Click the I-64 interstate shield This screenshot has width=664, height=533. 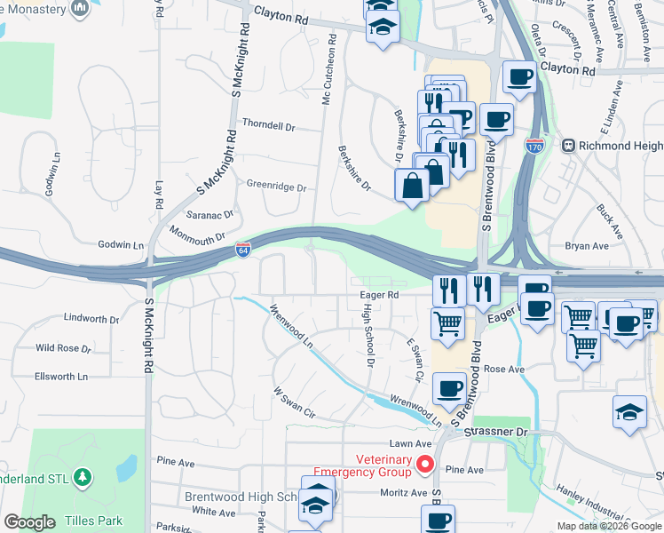[x=242, y=251]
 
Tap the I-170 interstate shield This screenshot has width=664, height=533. [x=534, y=145]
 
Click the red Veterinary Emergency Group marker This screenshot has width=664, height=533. [x=425, y=464]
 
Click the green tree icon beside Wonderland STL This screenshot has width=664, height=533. [x=83, y=478]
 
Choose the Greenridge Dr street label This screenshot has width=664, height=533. [x=276, y=188]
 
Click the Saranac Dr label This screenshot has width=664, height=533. [x=209, y=214]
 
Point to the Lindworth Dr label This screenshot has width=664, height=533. [x=91, y=318]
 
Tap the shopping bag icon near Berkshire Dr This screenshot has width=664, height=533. [x=412, y=186]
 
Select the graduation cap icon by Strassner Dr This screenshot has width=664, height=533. [x=629, y=412]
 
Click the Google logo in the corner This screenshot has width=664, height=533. [x=29, y=521]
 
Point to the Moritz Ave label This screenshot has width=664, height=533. [x=405, y=492]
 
